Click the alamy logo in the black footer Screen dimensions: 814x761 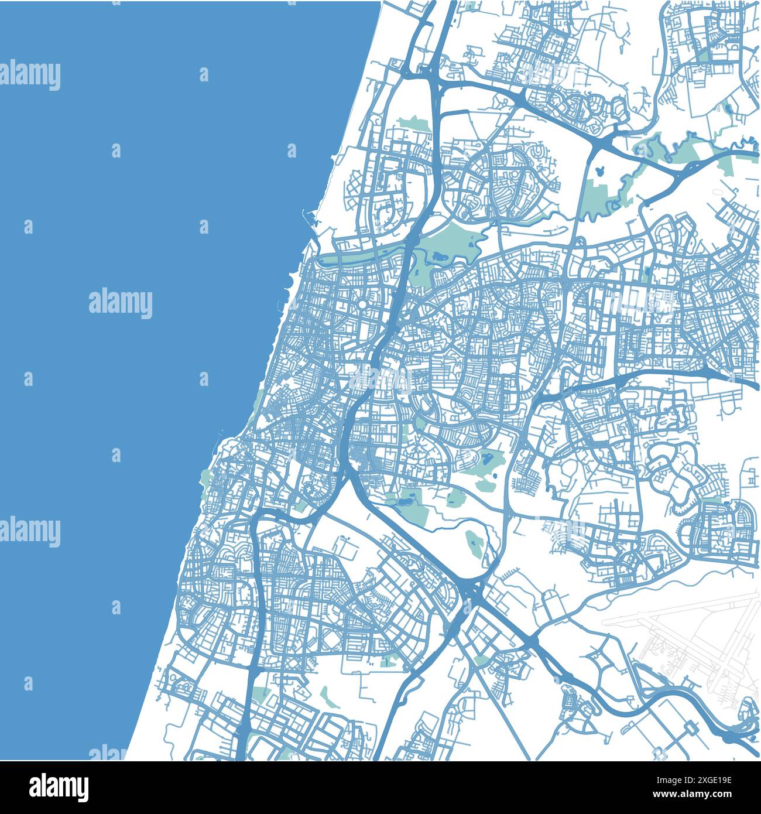[58, 786]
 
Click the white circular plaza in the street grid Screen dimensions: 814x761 [362, 305]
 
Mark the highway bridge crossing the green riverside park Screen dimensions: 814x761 [410, 246]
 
